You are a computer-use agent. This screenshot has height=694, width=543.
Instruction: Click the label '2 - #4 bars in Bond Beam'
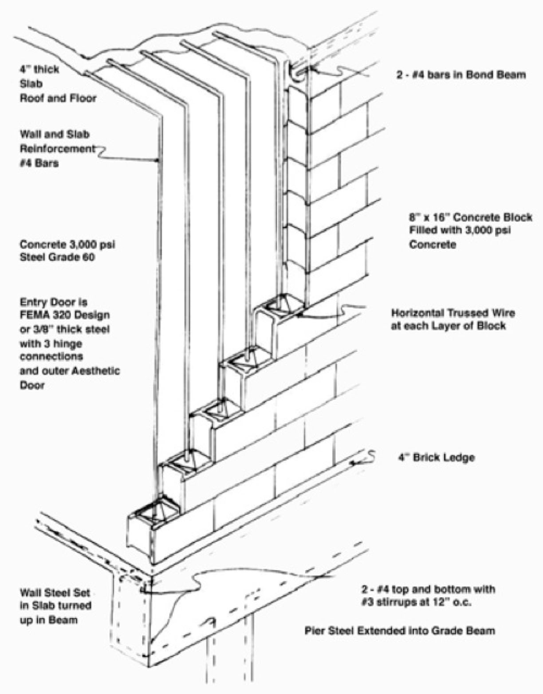(x=461, y=75)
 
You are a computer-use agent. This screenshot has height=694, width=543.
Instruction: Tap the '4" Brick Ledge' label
(x=436, y=457)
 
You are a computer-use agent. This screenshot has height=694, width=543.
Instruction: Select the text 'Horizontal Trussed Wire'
(x=453, y=313)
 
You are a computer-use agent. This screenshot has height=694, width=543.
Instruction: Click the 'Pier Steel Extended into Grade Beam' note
(x=400, y=630)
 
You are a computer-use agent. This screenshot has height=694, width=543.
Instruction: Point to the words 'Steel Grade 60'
(x=57, y=257)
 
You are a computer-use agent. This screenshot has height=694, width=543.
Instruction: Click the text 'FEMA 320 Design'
(x=65, y=315)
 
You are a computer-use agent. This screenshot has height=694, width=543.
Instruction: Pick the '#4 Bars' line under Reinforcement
(x=39, y=163)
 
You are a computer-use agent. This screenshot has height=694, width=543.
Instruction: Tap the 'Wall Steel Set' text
(x=55, y=592)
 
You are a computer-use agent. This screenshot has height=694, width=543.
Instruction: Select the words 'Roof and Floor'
(x=58, y=98)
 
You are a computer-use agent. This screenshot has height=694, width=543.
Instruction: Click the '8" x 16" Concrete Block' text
(x=471, y=218)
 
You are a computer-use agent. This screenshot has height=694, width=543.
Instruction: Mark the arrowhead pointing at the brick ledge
(x=353, y=463)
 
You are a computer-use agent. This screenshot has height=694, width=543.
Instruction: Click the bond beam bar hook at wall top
(x=298, y=71)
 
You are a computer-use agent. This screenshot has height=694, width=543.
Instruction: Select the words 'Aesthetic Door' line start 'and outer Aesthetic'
(x=70, y=371)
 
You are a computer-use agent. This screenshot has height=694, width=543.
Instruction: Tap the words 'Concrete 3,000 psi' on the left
(x=67, y=244)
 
